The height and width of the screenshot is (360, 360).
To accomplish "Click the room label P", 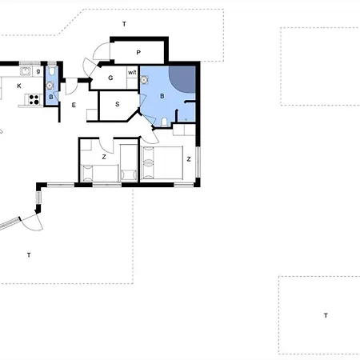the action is [138, 53].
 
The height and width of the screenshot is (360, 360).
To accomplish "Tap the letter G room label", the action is [110, 78].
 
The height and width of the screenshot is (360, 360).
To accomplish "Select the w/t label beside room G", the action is [132, 73].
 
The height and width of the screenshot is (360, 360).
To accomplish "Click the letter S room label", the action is [118, 104].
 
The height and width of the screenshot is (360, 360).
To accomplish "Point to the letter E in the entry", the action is [74, 105].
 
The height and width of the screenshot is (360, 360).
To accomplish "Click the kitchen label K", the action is [19, 86].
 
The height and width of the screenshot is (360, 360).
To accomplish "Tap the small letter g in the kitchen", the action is [38, 71].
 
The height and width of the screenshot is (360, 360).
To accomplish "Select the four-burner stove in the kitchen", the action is [34, 99].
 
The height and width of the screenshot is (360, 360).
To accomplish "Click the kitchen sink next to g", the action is [26, 71].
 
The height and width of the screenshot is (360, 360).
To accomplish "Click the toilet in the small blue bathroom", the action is [52, 70].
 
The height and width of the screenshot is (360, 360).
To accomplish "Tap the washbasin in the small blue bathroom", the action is [50, 86].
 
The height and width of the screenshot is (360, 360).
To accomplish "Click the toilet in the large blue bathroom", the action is [164, 122].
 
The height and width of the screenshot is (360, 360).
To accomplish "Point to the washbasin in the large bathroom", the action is [144, 80].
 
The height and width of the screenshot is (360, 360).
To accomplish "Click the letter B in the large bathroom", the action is [162, 96].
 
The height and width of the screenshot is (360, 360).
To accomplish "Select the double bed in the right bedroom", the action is [162, 162].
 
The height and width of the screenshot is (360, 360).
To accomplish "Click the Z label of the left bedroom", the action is [104, 157].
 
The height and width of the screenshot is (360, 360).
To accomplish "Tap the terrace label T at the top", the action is [124, 24].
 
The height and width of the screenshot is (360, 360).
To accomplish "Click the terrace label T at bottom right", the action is [326, 316].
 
